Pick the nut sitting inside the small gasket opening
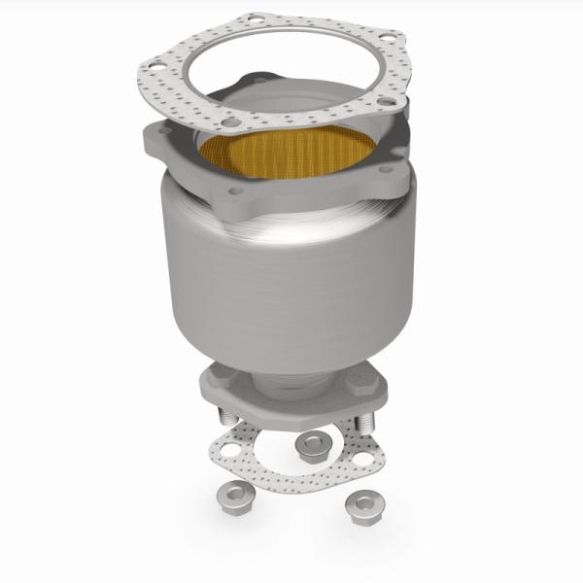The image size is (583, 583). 312,445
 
